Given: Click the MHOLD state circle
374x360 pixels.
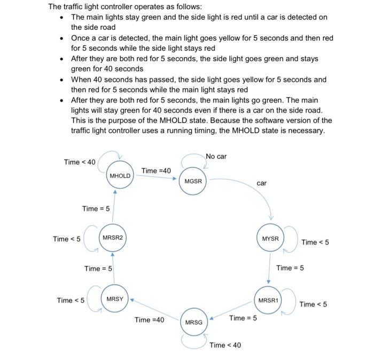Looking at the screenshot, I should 119,176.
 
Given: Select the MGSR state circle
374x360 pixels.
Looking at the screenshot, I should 193,181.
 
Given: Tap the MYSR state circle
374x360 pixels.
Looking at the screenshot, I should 270,238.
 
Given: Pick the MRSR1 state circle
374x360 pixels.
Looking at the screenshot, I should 268,301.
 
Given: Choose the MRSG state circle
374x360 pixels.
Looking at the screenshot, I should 193,323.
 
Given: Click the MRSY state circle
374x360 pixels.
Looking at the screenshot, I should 114,299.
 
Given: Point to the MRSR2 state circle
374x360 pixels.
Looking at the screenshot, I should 113,237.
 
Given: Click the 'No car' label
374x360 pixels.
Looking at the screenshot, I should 216,156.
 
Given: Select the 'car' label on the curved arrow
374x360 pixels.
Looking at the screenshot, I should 261,183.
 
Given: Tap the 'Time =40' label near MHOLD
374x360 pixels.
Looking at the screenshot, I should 157,170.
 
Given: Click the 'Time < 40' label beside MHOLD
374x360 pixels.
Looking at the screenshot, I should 79,162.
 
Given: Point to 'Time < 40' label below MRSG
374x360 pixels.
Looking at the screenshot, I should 225,345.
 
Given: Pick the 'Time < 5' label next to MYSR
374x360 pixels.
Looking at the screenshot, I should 315,242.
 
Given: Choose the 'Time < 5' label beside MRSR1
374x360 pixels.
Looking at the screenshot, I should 313,304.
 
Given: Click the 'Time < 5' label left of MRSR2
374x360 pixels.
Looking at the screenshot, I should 67,239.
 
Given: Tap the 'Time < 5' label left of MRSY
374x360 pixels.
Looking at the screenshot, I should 71,300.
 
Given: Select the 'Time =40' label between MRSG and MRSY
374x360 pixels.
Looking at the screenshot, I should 150,319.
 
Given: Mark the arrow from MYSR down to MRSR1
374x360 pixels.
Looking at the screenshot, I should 269,269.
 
